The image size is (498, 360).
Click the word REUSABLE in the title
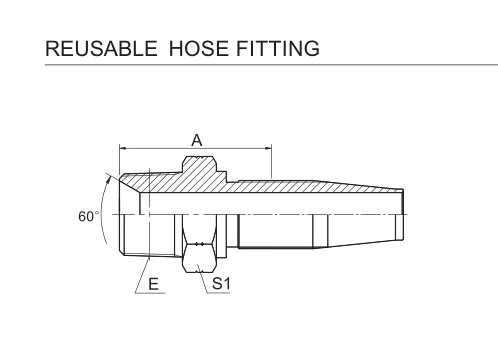[101, 48]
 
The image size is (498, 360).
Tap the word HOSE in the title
[199, 48]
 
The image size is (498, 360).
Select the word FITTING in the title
[278, 48]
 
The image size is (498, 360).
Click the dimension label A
[197, 141]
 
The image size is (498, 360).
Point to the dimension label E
[153, 284]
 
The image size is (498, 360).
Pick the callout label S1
[221, 284]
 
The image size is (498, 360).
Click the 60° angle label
[89, 217]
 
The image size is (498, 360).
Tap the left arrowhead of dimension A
[122, 148]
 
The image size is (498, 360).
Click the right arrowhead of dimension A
[268, 148]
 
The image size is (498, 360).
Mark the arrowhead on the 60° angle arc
[108, 180]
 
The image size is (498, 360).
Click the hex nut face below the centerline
[200, 257]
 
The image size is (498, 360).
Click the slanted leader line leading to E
[143, 274]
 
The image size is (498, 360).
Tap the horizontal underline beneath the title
[271, 65]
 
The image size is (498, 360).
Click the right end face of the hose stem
[403, 214]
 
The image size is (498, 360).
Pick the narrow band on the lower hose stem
[320, 231]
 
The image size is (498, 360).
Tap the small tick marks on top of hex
[200, 156]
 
